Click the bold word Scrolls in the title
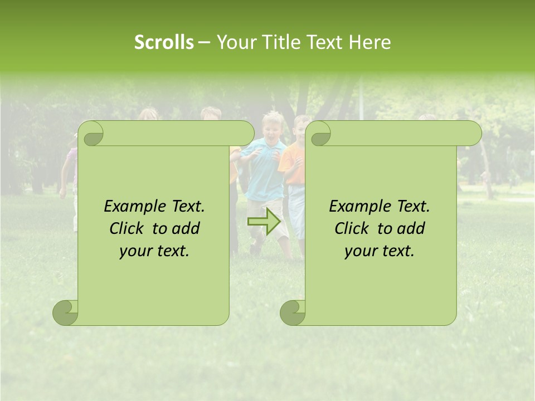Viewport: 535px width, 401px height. coord(164,42)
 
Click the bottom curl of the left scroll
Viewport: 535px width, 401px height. coord(66,313)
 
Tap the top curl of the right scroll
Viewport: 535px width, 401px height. coord(320,134)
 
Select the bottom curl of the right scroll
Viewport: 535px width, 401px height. coord(293,313)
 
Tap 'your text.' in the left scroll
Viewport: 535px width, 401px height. coord(154,251)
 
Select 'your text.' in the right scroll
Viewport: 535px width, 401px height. coord(380,251)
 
